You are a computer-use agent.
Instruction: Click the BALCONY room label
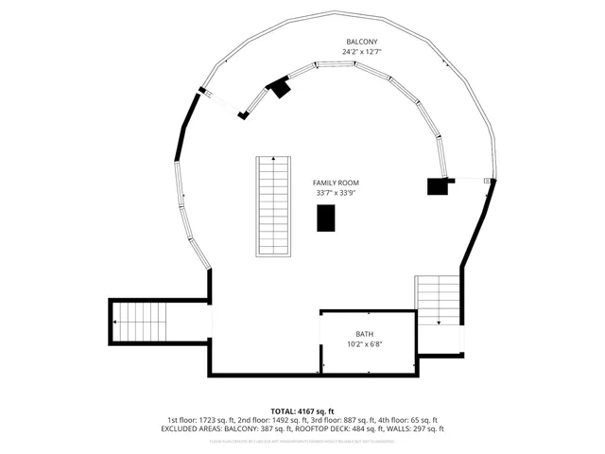(362, 42)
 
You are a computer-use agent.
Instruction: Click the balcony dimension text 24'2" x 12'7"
(362, 52)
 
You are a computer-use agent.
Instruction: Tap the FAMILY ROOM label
(337, 183)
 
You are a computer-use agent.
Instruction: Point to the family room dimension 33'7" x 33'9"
(337, 193)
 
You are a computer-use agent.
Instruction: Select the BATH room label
(364, 335)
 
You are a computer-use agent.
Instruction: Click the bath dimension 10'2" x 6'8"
(364, 345)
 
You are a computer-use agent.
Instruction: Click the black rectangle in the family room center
(326, 217)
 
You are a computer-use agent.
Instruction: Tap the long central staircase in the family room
(273, 205)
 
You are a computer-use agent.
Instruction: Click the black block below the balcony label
(280, 89)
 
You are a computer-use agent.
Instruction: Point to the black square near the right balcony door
(438, 185)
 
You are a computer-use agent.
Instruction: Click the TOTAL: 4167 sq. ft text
(302, 411)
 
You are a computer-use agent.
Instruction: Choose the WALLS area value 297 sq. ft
(427, 428)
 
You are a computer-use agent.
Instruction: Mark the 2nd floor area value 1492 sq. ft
(289, 420)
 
